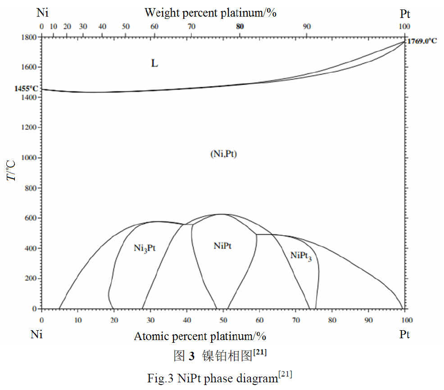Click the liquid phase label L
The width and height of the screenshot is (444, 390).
[154, 63]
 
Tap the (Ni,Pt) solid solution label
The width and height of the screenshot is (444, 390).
[223, 154]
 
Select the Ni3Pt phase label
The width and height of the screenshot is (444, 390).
[145, 248]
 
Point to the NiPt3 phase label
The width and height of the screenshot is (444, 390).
[301, 256]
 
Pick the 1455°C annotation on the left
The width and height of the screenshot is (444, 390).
[27, 89]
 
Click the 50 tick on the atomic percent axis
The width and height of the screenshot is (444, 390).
[223, 320]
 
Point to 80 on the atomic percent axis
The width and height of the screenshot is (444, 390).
[332, 320]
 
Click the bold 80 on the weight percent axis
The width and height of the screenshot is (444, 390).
[240, 27]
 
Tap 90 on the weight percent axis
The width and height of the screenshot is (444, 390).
[307, 27]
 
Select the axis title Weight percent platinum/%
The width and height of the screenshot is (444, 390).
[210, 13]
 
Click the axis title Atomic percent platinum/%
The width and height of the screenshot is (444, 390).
[200, 336]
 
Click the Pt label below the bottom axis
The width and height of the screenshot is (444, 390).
[404, 335]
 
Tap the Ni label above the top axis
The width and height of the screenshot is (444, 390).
[42, 13]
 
